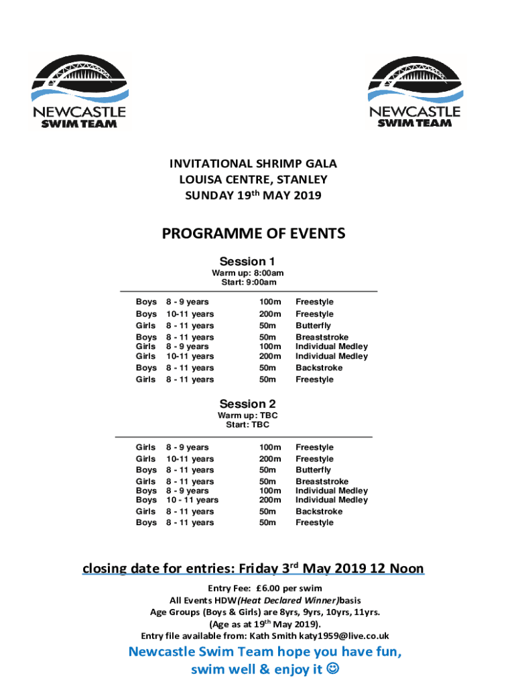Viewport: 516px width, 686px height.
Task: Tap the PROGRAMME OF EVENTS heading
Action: tap(253, 233)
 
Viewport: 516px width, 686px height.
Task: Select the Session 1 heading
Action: tap(247, 261)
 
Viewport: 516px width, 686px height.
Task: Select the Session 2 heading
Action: tap(247, 404)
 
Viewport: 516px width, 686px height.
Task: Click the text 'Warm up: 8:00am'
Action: tap(247, 273)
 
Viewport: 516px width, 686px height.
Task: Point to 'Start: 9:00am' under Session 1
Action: tap(247, 281)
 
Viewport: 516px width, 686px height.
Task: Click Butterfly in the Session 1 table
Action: tap(313, 326)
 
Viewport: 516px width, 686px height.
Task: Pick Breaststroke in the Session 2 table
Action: tap(322, 482)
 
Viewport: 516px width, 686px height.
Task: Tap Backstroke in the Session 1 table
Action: tap(318, 368)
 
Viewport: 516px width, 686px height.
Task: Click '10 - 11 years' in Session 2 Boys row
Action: tap(192, 500)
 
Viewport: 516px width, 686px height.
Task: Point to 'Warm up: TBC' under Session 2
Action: tap(247, 415)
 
